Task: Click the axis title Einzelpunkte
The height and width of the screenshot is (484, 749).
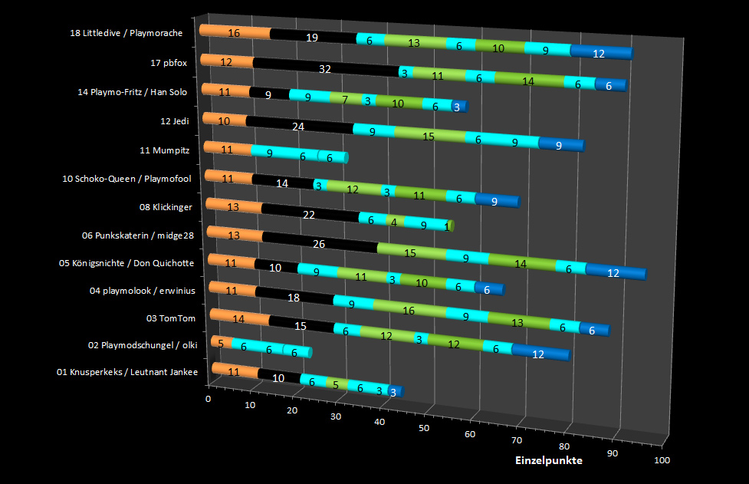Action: point(548,460)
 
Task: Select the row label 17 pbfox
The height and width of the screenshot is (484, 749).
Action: point(169,63)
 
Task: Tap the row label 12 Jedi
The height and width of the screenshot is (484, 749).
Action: point(174,121)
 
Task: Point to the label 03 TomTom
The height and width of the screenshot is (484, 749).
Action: point(170,318)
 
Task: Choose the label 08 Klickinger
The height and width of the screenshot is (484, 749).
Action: point(166,207)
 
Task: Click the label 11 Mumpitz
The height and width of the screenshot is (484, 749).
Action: point(164,150)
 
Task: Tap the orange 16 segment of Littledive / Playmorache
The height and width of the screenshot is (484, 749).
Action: point(235,32)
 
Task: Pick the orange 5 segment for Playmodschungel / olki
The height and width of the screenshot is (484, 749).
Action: point(222,343)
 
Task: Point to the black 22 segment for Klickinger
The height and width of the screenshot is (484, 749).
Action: point(310,213)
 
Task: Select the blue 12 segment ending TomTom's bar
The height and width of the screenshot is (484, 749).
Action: point(540,353)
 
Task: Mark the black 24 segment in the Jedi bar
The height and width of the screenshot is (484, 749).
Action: point(300,125)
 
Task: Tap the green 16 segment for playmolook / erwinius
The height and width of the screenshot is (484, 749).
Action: point(409,310)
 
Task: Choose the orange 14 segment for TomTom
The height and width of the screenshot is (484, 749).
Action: point(240,318)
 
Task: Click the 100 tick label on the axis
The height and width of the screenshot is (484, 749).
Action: point(662,460)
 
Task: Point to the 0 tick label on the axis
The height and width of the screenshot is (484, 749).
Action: point(208,399)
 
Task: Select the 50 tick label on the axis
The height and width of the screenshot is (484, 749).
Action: point(424,428)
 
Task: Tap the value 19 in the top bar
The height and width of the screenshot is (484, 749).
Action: point(312,38)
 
